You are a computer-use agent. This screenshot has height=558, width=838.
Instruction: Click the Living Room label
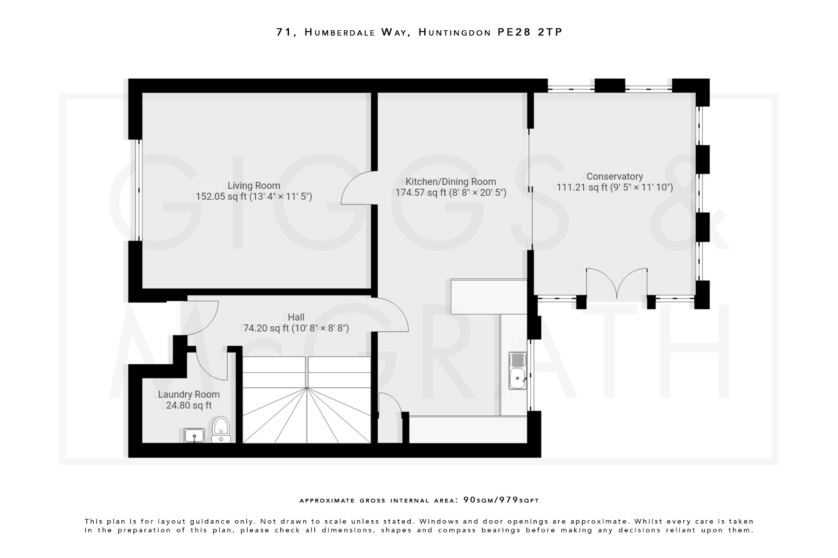(x=254, y=186)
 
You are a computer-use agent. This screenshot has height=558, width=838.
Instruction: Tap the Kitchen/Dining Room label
(x=451, y=182)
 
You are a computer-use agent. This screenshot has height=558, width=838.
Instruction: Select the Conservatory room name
(x=615, y=176)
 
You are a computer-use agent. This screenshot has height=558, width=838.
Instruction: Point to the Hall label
(x=296, y=317)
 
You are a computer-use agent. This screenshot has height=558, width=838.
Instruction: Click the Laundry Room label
(x=189, y=394)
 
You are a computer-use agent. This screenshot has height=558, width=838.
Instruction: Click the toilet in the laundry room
(x=221, y=429)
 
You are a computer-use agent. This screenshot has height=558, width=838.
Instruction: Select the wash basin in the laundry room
(x=194, y=435)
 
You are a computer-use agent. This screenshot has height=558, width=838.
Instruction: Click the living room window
(x=139, y=190)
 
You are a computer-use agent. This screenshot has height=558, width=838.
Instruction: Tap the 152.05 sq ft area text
(x=221, y=197)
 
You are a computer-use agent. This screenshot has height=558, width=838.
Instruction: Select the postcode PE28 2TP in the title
(x=530, y=32)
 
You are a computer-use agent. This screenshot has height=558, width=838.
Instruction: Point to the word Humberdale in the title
(x=340, y=32)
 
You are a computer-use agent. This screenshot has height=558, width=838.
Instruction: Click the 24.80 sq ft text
(x=189, y=406)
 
